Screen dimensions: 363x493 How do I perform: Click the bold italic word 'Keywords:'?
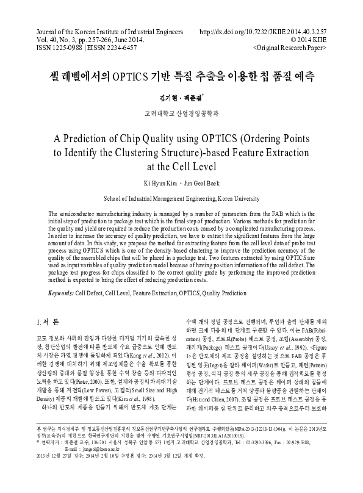point(60,293)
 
